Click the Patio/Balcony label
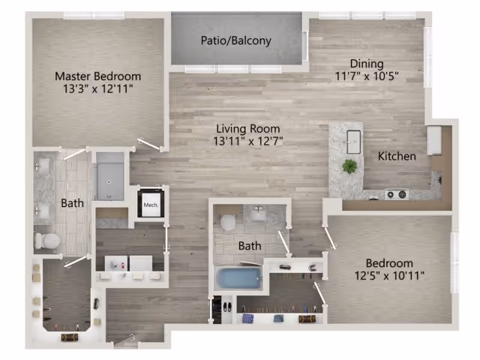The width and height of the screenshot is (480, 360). click(235, 41)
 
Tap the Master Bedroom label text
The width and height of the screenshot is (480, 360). click(97, 76)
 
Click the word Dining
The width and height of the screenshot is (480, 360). click(365, 64)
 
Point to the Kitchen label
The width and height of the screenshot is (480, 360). click(397, 157)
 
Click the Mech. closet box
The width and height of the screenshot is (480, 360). click(151, 203)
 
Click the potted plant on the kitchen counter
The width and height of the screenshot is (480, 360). click(349, 166)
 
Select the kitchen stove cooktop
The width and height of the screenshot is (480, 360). click(396, 195)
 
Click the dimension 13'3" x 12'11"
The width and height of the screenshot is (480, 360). click(97, 89)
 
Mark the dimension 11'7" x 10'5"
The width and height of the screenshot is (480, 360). click(365, 76)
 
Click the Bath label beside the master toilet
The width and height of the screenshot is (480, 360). click(73, 203)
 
